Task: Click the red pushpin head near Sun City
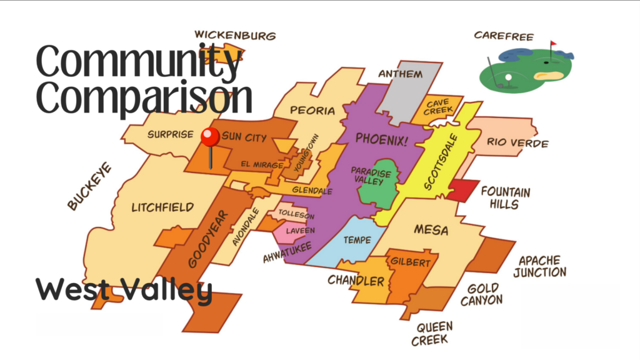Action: [210, 136]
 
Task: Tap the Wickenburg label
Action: [235, 36]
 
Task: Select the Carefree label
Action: [504, 36]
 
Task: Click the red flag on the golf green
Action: [553, 44]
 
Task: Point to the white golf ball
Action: [508, 77]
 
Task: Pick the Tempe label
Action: [357, 240]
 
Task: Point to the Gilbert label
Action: [410, 262]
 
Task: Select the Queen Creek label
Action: [432, 333]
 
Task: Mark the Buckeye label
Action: [90, 186]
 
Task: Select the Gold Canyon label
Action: [482, 294]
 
